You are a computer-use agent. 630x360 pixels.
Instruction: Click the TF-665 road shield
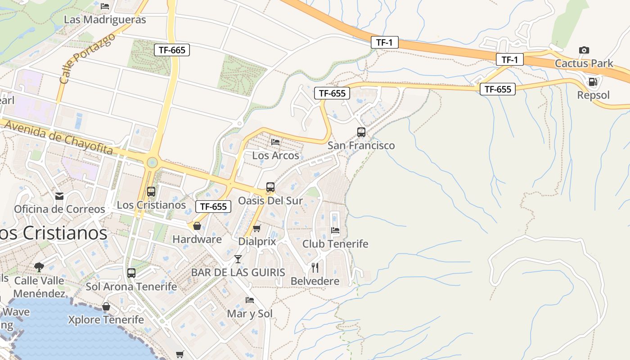tap(172, 50)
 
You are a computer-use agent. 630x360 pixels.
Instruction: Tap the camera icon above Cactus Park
tap(584, 50)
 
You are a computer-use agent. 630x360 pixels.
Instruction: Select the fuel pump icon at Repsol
tap(593, 82)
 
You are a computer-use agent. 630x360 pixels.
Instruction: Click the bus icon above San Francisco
tap(361, 132)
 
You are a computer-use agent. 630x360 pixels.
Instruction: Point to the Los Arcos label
tap(275, 156)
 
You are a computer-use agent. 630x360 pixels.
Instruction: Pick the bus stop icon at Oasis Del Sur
tap(270, 187)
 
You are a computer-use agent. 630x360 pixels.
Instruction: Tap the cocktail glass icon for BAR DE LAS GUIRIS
tap(238, 259)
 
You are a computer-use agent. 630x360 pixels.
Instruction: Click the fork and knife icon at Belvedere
tap(315, 268)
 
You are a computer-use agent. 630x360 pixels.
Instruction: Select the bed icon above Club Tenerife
tap(335, 231)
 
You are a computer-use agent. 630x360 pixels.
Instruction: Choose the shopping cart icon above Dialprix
tap(256, 229)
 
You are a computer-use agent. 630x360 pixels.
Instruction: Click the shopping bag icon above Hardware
tap(197, 226)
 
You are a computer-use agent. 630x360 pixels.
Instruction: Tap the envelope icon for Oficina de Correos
tap(59, 196)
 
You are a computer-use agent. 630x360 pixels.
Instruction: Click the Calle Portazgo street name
tap(87, 58)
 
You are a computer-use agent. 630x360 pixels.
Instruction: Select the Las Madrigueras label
tap(105, 20)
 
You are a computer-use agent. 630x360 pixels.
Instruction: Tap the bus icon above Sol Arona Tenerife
tap(131, 273)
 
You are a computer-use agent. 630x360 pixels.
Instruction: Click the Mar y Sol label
tap(250, 314)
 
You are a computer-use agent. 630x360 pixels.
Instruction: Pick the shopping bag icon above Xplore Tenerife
tap(106, 307)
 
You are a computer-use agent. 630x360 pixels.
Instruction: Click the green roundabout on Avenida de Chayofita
tap(152, 162)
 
